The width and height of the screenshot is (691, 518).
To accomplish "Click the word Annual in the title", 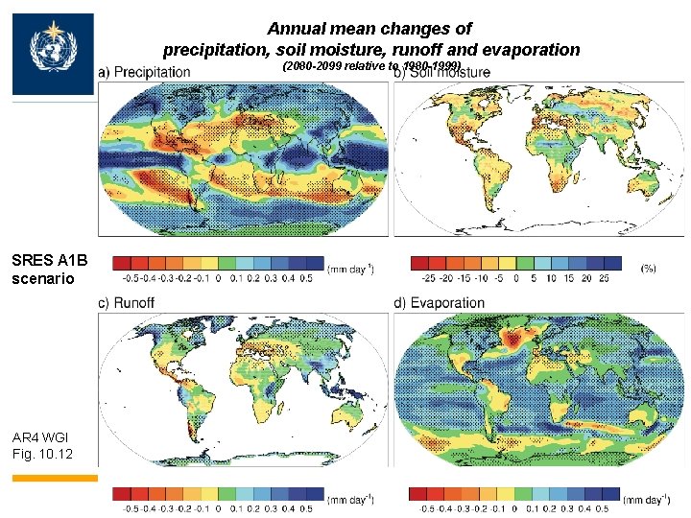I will (295, 30).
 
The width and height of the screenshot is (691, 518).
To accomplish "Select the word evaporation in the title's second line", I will (533, 49).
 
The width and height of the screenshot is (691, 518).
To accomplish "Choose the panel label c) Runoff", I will (128, 303).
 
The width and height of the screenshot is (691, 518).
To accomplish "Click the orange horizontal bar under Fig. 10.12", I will (55, 477).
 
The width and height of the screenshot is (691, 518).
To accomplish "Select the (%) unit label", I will (649, 270).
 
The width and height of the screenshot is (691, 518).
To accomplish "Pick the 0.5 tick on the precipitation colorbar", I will (305, 278).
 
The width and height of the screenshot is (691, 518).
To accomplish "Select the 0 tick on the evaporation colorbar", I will (514, 508).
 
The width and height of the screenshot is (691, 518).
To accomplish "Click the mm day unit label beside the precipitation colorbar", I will (350, 270).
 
